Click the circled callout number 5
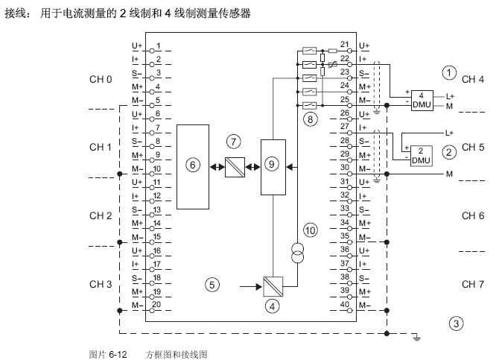click(213, 284)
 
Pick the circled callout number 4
click(273, 306)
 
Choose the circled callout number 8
click(311, 119)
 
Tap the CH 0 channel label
click(101, 78)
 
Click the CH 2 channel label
click(101, 215)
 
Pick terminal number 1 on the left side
click(159, 45)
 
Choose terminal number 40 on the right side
click(343, 303)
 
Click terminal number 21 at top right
click(343, 45)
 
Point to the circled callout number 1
click(448, 72)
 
